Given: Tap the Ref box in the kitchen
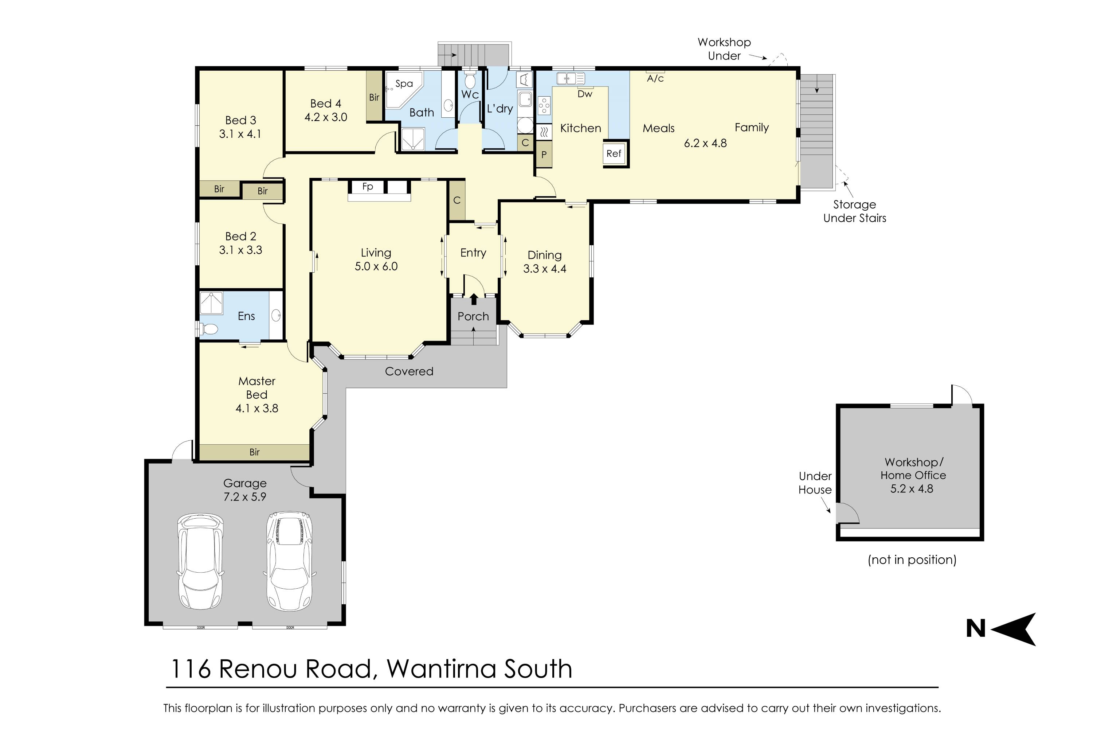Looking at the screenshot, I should point(614,153).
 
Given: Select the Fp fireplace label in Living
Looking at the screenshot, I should point(368,186).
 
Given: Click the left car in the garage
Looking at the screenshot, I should point(200,561).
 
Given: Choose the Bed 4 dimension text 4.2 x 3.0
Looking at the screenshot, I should point(326,117).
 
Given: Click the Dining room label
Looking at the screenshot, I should point(545,255).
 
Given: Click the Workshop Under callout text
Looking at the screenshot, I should point(724,49).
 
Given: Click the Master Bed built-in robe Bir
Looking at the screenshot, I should point(254,452).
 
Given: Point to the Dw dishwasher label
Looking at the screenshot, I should point(585,94).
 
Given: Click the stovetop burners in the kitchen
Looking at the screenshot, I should point(544,106).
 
